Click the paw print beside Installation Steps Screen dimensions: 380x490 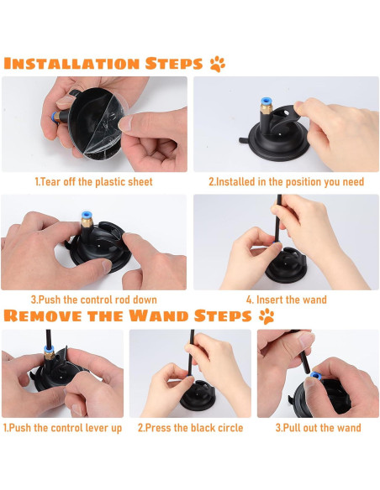pos(217,64)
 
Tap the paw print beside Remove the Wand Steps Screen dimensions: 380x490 pos(267,316)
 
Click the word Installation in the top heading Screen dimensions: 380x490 pos(71,64)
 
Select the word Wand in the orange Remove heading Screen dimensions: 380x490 pos(158,315)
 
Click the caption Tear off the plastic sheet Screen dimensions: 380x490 pos(93,181)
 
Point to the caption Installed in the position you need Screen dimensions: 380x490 pos(287,181)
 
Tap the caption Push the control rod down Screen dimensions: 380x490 pos(94,300)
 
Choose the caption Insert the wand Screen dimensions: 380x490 pos(287,300)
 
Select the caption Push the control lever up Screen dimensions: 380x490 pos(62,428)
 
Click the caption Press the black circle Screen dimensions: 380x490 pos(190,428)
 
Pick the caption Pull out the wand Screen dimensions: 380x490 pos(318,428)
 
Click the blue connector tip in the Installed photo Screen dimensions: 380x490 pos(266,102)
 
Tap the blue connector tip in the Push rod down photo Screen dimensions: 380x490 pos(87,216)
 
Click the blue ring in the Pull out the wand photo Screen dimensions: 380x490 pos(314,376)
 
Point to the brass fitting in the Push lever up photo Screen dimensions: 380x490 pos(50,355)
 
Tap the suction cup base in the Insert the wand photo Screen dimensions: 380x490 pos(286,271)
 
